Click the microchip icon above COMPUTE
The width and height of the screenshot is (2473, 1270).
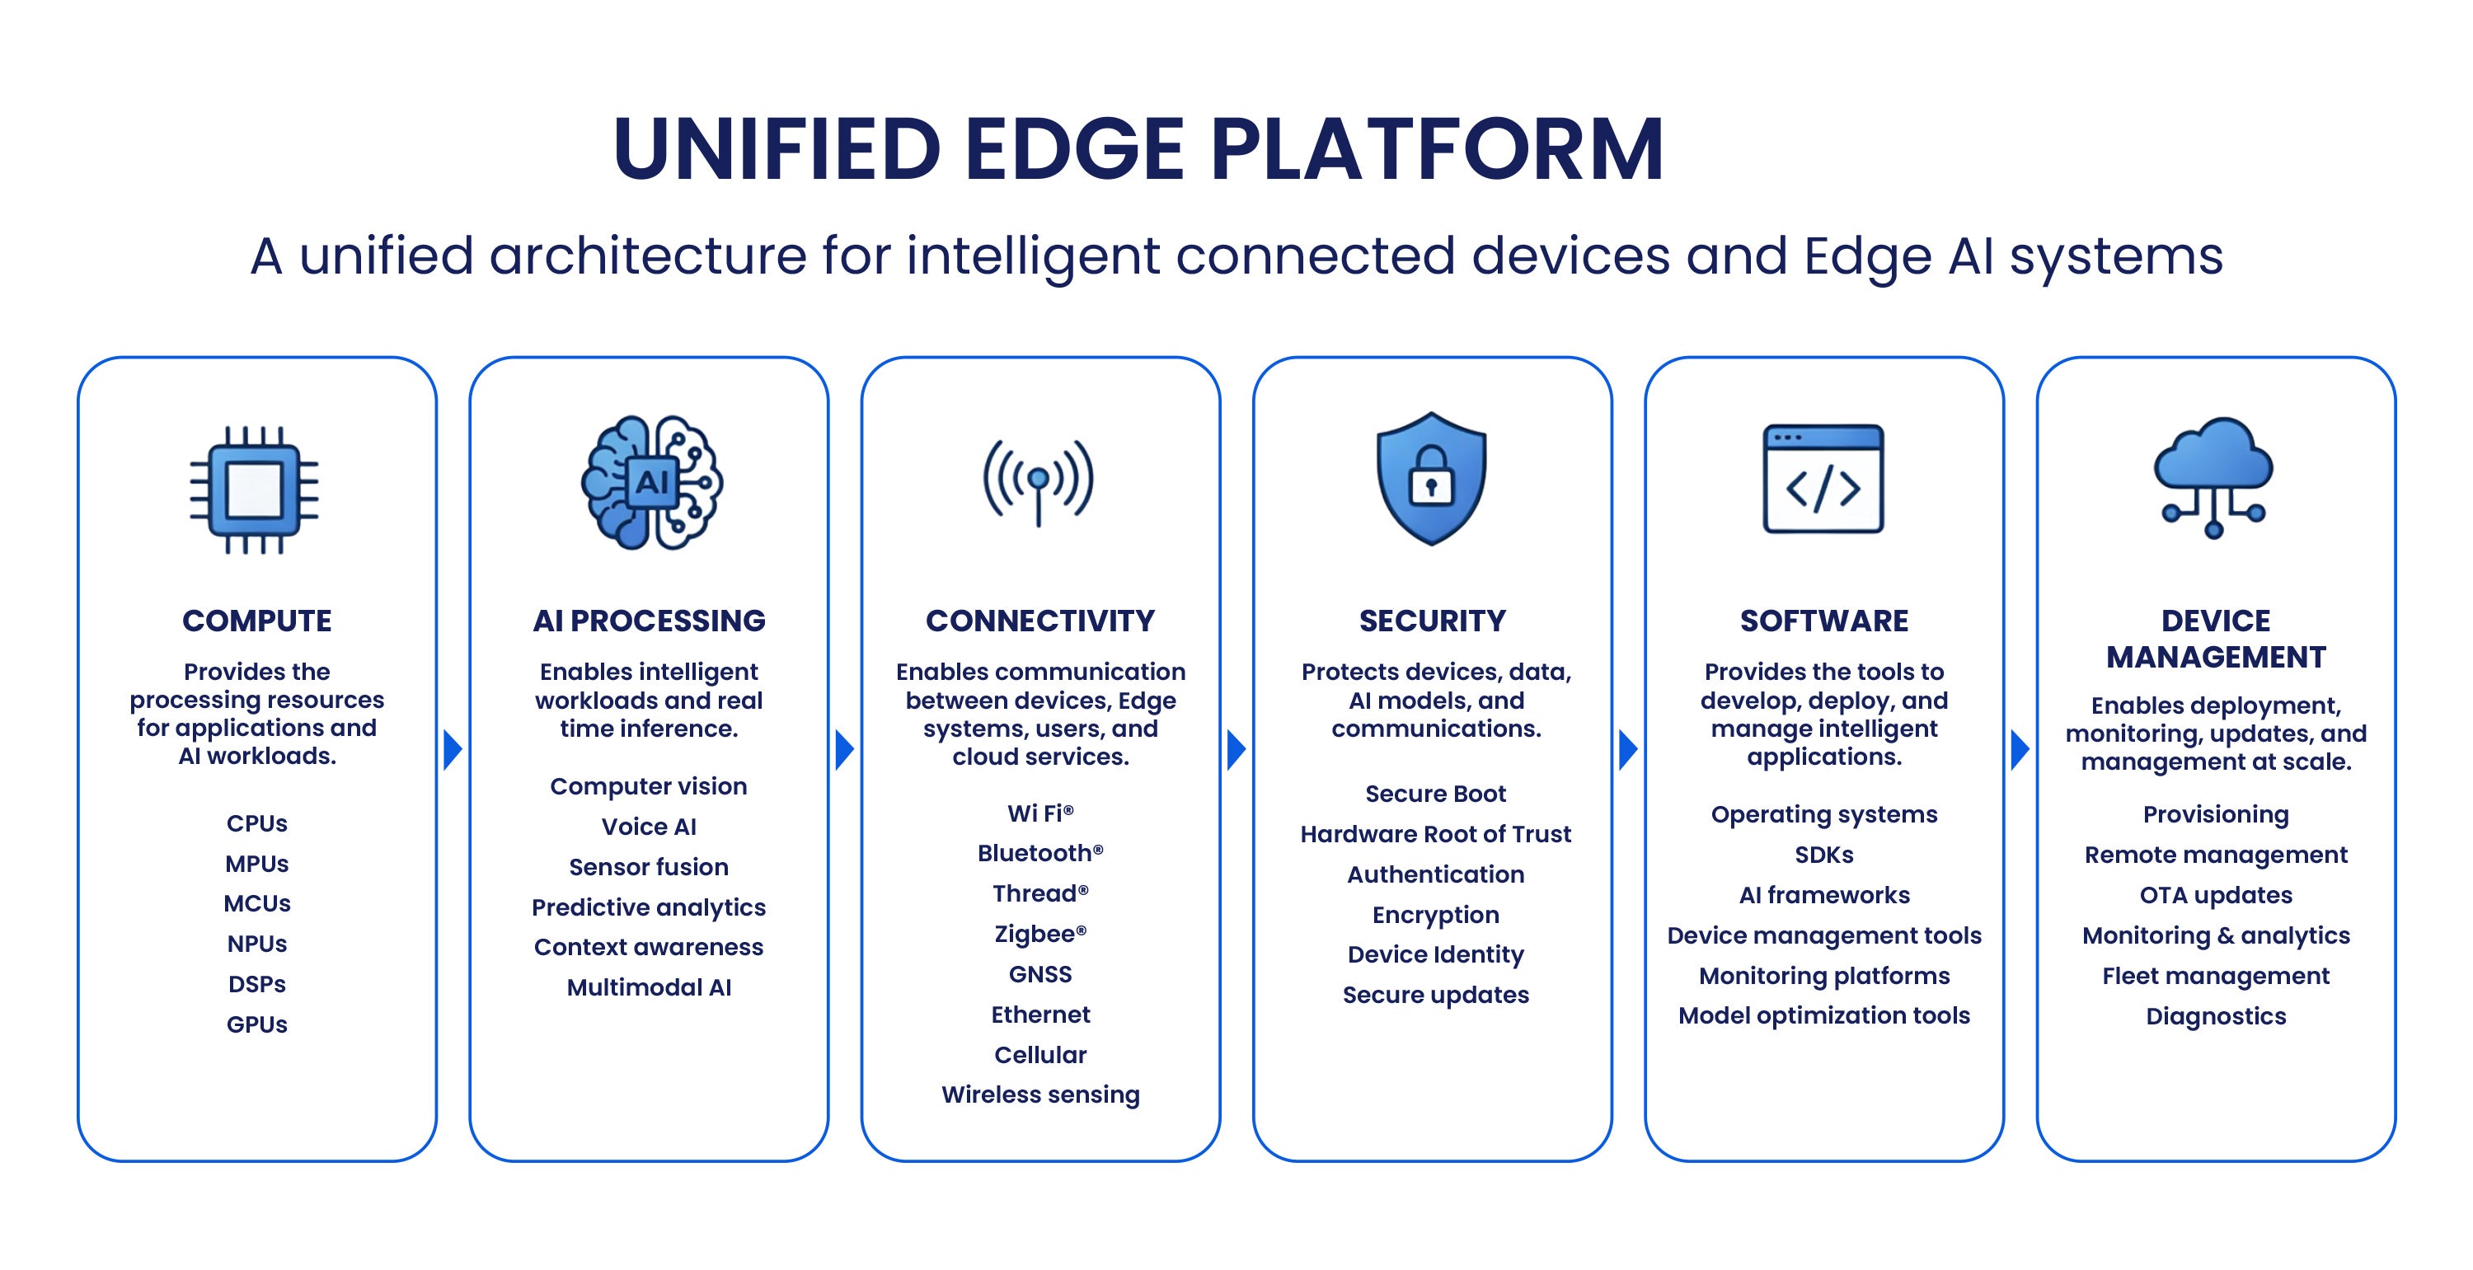[x=255, y=490]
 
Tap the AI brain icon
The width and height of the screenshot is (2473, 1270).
[x=652, y=482]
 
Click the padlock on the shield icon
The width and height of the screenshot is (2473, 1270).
[x=1431, y=476]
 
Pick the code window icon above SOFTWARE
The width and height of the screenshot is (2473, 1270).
[x=1823, y=479]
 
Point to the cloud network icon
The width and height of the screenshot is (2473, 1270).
[x=2214, y=477]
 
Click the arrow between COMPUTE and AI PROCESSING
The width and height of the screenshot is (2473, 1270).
[x=453, y=750]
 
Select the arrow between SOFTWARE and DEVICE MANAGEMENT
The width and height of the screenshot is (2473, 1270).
[x=2020, y=750]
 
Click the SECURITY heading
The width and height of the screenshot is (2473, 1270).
[x=1433, y=621]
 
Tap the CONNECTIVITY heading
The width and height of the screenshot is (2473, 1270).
[x=1040, y=621]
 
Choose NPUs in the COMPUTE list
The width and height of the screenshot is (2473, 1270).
[x=257, y=944]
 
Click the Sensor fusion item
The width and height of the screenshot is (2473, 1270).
[x=649, y=867]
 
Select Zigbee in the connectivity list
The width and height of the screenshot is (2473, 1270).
[x=1040, y=934]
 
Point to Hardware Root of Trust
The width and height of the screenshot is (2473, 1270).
[x=1436, y=834]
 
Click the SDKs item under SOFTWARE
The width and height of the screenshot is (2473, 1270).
[x=1824, y=855]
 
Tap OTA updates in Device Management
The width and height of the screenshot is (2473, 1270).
[x=2216, y=895]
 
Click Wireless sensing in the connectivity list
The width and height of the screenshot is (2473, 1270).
[x=1040, y=1094]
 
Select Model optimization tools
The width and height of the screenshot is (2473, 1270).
[x=1824, y=1015]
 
